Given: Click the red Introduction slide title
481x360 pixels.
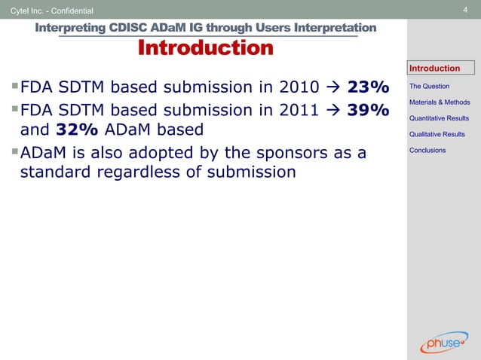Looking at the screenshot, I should (x=205, y=49).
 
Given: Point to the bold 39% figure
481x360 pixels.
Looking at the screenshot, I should (x=368, y=111).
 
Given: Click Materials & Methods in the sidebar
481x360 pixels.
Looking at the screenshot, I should (x=440, y=102).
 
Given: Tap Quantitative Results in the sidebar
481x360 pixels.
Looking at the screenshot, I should (x=439, y=118).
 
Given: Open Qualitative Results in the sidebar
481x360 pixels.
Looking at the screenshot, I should (x=437, y=134).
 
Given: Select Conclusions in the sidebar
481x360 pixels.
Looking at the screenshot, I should (x=427, y=151).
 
